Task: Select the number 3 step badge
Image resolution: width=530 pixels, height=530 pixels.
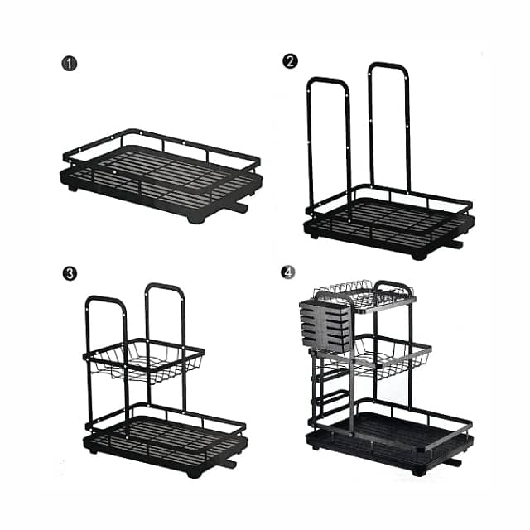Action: [x=70, y=273]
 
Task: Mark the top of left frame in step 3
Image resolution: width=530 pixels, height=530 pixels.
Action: [x=105, y=300]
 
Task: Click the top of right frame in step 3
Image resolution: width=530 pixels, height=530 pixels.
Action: [x=164, y=288]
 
